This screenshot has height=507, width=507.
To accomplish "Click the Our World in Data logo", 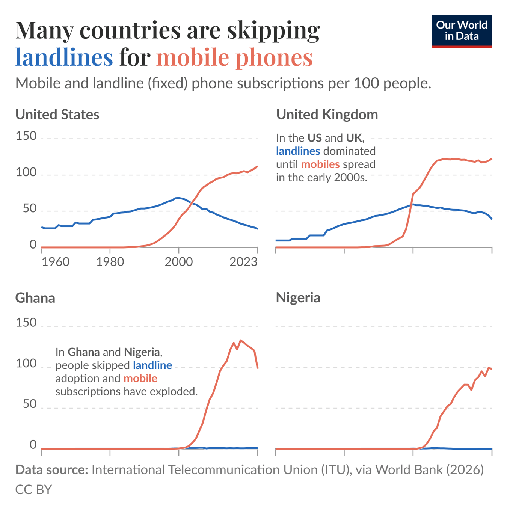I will (x=461, y=31).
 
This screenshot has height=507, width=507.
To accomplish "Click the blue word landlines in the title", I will (x=64, y=57).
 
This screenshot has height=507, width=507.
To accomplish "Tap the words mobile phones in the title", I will (x=234, y=57).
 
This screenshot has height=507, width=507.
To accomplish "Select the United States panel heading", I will (x=57, y=115).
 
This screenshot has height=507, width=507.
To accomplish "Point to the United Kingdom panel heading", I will (x=327, y=115).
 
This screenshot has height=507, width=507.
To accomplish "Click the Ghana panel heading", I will (x=35, y=298).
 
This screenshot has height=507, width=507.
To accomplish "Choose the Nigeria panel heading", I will (x=298, y=298).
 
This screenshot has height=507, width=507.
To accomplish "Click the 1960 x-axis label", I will (x=55, y=262).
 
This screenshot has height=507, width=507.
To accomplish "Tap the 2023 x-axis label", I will (x=243, y=262).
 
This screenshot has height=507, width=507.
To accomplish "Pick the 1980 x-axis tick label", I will (x=110, y=262).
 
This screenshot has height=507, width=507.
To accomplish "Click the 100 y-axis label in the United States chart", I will (x=26, y=173).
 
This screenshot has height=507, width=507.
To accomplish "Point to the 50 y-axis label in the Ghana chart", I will (x=30, y=404).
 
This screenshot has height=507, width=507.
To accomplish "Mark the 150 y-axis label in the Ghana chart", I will (x=26, y=323).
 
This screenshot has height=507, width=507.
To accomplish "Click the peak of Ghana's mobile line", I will (x=241, y=340).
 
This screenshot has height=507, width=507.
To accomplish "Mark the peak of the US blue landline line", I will (x=178, y=198).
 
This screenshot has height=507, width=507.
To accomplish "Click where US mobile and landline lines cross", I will (x=192, y=203).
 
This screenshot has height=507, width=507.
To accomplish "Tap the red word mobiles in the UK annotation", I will (x=320, y=164).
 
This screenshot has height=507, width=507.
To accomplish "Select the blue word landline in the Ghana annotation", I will (x=152, y=365).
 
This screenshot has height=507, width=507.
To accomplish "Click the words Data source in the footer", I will (x=51, y=470).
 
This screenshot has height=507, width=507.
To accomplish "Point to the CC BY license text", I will (x=33, y=490).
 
